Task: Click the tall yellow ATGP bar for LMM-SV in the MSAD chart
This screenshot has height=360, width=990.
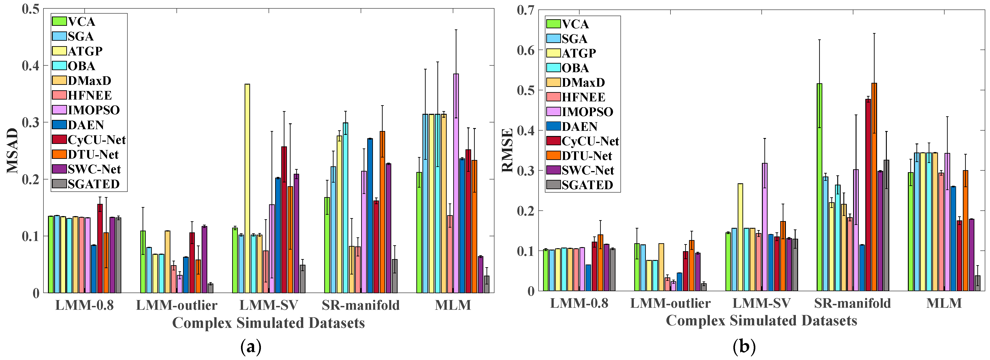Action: tap(247, 188)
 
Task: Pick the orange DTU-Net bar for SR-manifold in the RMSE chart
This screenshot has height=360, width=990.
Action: tap(874, 187)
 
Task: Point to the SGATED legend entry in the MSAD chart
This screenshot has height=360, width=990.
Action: tap(86, 184)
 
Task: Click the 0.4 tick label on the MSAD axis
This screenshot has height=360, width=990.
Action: tap(31, 66)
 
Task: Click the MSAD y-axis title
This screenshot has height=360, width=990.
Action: tap(13, 151)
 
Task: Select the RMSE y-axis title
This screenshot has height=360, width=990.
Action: tap(507, 150)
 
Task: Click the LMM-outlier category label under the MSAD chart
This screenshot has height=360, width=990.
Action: tap(177, 305)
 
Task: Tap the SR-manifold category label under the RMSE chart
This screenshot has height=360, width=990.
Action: tap(852, 303)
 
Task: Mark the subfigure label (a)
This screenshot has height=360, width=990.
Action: tap(250, 347)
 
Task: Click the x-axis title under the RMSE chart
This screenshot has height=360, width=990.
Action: tap(761, 320)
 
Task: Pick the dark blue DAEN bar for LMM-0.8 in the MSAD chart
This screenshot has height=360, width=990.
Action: tap(94, 269)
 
